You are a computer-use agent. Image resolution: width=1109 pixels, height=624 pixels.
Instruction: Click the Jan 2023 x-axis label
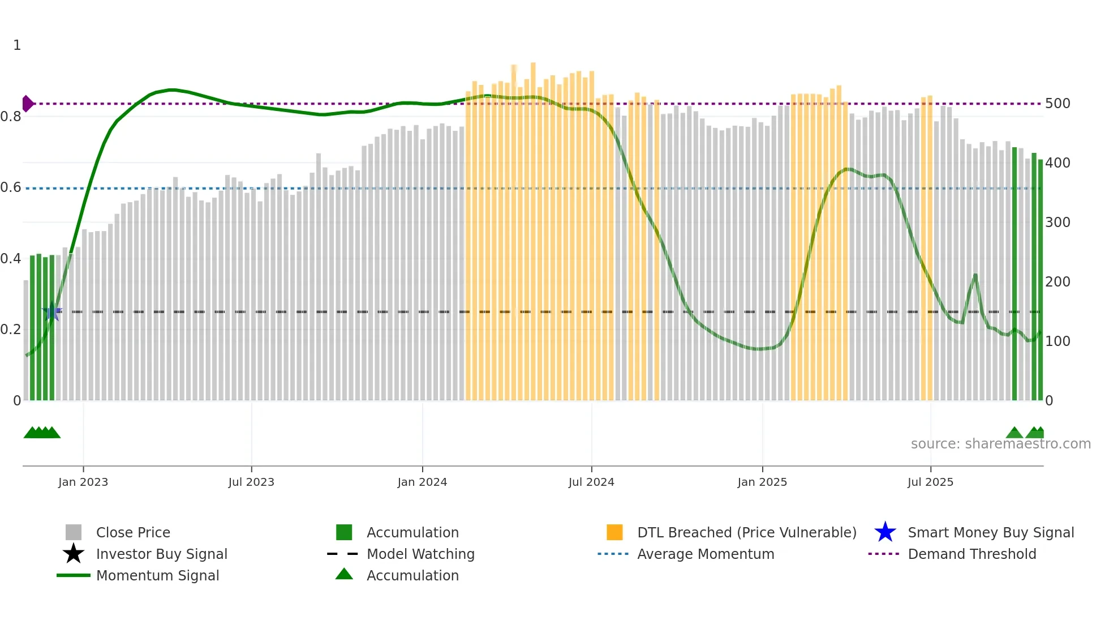coord(83,482)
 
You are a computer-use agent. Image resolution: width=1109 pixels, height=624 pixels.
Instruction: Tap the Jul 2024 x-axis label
coord(591,482)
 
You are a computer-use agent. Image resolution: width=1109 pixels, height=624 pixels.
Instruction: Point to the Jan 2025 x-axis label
coord(762,482)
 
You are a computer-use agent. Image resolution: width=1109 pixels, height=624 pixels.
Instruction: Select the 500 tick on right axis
coord(1058,104)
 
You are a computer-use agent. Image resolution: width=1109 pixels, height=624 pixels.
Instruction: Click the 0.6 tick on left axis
coord(11,187)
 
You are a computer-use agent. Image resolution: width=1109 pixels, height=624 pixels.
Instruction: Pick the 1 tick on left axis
coord(17,45)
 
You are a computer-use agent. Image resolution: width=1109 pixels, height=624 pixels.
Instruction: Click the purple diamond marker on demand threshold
coord(27,104)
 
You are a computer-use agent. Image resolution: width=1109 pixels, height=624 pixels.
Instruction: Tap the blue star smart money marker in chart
coord(52,311)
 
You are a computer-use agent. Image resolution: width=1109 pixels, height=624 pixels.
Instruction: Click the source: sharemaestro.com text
coord(1000,444)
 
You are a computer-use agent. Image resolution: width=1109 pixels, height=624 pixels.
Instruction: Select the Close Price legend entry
coord(133,532)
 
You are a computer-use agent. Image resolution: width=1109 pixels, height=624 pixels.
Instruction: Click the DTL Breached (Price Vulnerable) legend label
coord(746,532)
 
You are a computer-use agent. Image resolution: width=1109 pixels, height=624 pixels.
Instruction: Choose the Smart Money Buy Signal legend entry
coord(990,532)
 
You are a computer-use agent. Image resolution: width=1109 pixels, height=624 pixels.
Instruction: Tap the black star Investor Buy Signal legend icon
coord(74,554)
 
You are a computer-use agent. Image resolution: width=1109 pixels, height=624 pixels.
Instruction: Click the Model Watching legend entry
coord(420,554)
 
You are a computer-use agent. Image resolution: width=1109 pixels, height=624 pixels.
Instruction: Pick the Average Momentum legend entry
coord(705,554)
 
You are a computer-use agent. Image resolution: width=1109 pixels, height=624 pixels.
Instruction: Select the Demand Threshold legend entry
coord(972,554)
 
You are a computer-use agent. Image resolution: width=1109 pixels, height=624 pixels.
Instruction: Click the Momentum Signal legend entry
coord(157,575)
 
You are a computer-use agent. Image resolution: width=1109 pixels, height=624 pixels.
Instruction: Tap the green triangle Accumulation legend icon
coord(344,574)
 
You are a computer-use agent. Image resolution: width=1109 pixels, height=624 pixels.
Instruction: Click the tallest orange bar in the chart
coord(533,226)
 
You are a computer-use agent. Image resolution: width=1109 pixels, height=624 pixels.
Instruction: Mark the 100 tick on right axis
coord(1058,341)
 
